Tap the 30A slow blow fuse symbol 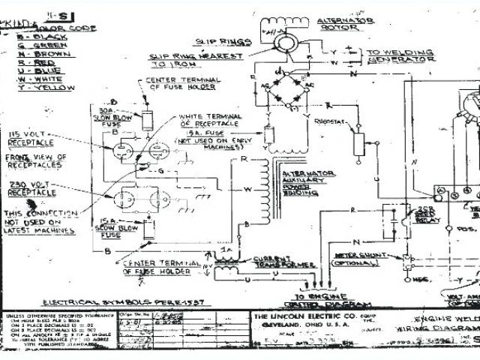147,121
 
